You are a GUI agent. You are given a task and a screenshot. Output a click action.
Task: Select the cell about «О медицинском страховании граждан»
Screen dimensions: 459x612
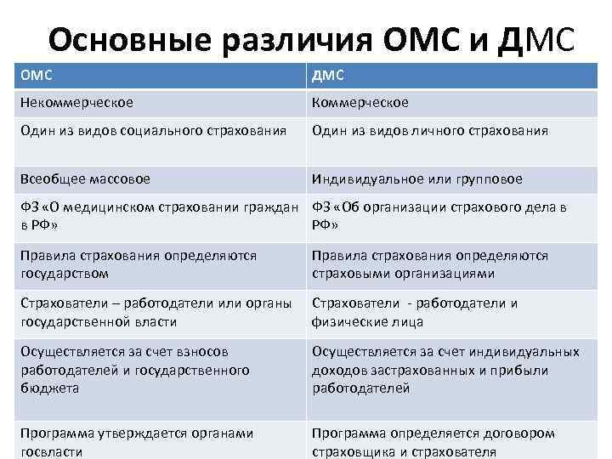point(160,215)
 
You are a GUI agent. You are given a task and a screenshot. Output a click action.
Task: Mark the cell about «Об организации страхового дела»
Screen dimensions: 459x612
point(450,215)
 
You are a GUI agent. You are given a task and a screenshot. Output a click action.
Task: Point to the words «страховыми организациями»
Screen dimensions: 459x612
point(403,274)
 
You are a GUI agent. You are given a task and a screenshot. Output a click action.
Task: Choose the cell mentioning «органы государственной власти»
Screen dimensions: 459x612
point(160,312)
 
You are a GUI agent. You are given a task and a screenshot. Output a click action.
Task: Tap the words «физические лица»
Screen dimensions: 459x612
point(367,322)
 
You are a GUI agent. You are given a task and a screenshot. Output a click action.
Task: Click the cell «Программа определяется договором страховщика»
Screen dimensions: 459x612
point(450,442)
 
